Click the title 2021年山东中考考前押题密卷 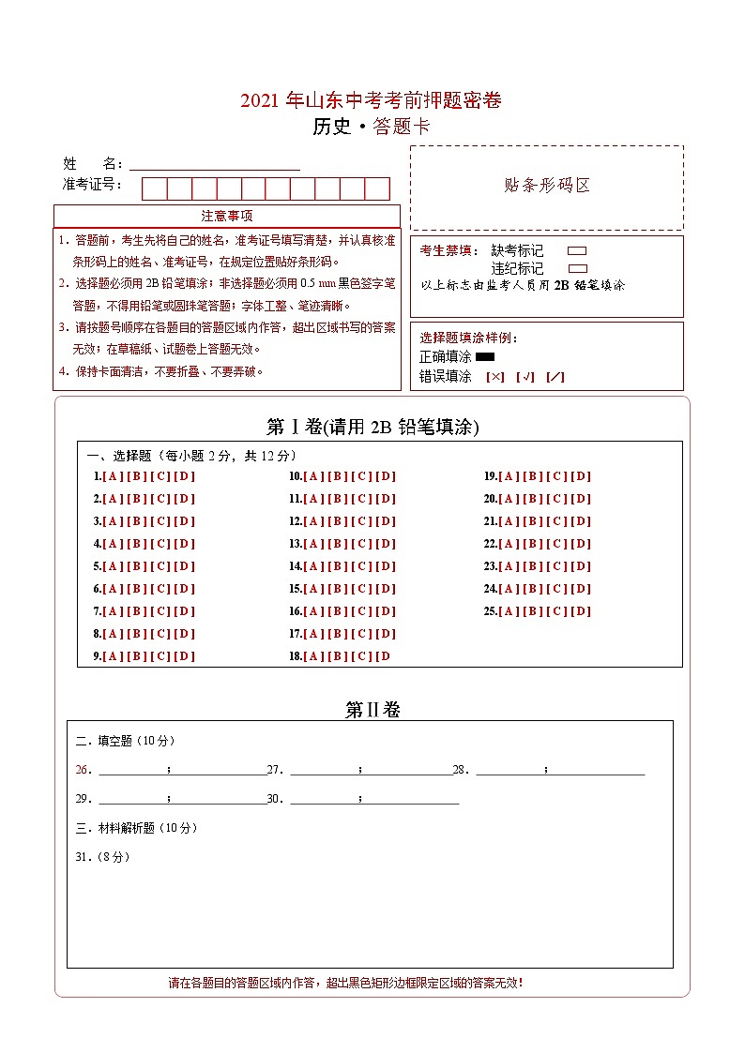click(x=371, y=101)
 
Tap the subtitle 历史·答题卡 click(x=371, y=127)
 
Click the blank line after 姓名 click(x=215, y=163)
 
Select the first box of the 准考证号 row click(x=154, y=188)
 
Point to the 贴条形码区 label click(x=547, y=186)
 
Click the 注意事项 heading click(x=226, y=217)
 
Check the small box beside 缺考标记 click(x=577, y=251)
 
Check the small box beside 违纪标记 click(x=577, y=268)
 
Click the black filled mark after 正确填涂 click(x=485, y=357)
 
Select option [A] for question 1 click(x=113, y=476)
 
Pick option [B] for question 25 click(x=533, y=612)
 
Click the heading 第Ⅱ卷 click(x=372, y=711)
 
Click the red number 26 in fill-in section click(x=83, y=771)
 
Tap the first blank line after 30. click(x=324, y=800)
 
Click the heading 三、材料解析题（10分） click(x=136, y=829)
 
